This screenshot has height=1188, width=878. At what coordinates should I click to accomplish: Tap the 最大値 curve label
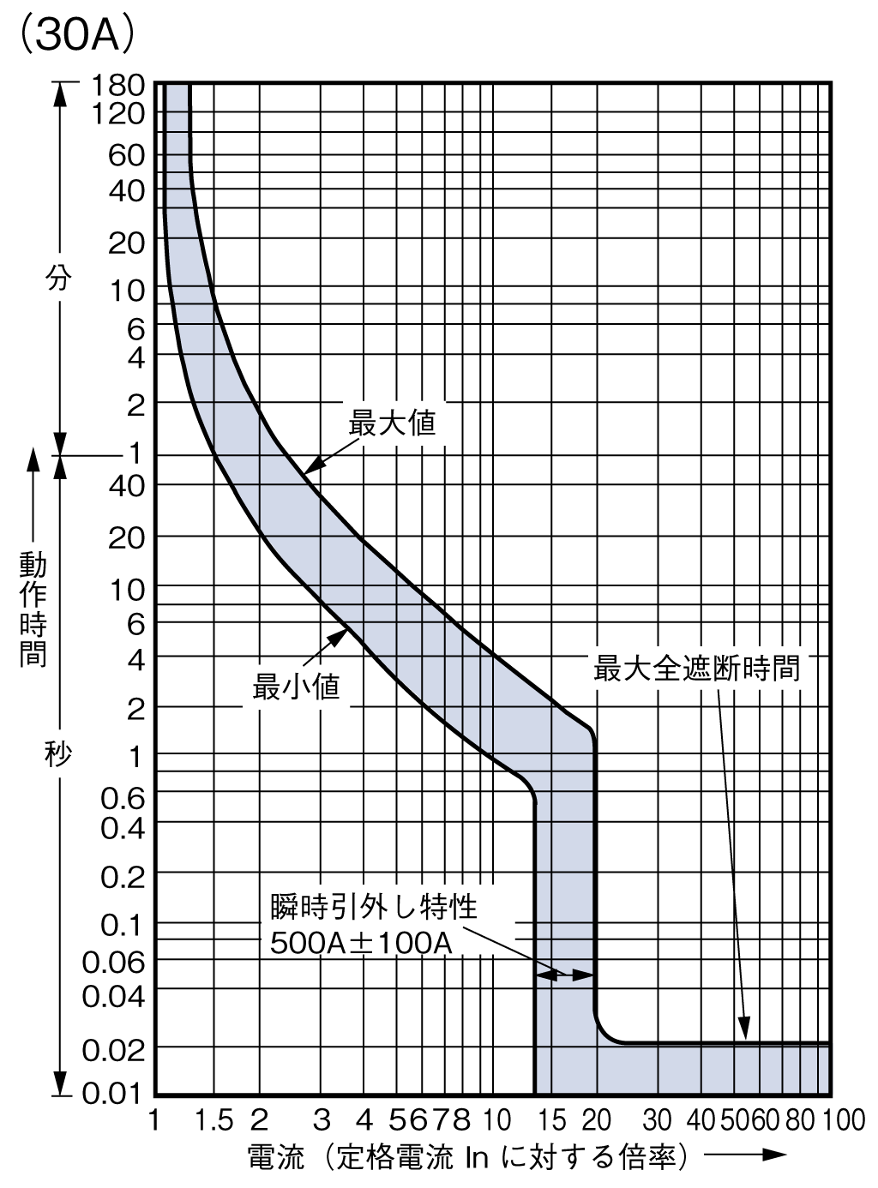click(x=392, y=423)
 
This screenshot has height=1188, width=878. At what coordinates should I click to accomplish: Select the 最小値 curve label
click(x=296, y=687)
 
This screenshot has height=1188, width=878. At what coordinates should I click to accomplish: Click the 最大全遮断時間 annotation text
click(x=696, y=668)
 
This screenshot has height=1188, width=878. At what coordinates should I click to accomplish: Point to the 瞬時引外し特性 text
click(x=374, y=905)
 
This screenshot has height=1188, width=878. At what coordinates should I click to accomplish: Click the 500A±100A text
click(x=361, y=943)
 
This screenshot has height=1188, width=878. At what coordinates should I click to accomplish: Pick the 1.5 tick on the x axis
click(x=214, y=1119)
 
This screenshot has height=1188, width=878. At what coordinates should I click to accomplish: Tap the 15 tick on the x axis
click(x=552, y=1119)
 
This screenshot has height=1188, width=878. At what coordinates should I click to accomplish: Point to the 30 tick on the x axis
click(x=658, y=1119)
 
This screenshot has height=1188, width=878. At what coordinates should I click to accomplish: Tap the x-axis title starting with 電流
click(x=467, y=1158)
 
